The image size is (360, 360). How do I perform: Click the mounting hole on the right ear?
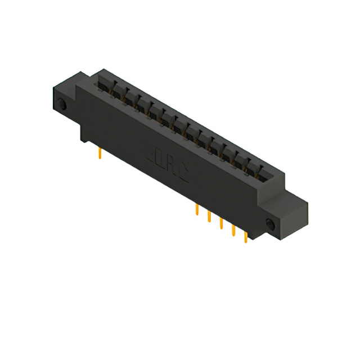(x=269, y=225)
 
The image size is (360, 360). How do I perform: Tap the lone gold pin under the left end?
(x=100, y=152)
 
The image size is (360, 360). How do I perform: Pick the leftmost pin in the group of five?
(x=196, y=210)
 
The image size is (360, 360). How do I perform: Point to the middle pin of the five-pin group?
(x=221, y=224)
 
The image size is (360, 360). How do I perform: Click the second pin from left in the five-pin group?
(x=209, y=217)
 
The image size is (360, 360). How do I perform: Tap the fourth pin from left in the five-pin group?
(x=233, y=231)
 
